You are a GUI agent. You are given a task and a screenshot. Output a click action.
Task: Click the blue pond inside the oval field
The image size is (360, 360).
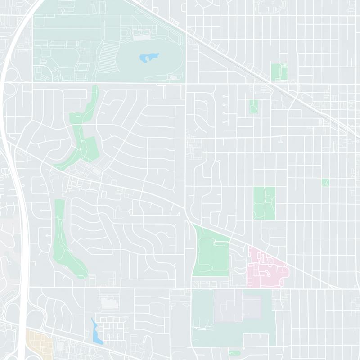(x=149, y=58)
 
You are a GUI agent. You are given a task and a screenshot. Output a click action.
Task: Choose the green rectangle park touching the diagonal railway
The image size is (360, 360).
(x=279, y=72)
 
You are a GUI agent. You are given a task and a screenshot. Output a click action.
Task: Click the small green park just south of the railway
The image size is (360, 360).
(x=253, y=107)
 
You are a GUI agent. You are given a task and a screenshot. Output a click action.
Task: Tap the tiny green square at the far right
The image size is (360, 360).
(x=325, y=182)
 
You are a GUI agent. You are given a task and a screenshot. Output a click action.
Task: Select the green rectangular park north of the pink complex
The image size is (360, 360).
(x=264, y=203)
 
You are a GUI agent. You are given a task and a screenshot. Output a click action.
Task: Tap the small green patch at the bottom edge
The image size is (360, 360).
(x=234, y=354)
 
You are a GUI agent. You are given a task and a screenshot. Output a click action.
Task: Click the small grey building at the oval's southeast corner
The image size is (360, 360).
(x=174, y=78)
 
